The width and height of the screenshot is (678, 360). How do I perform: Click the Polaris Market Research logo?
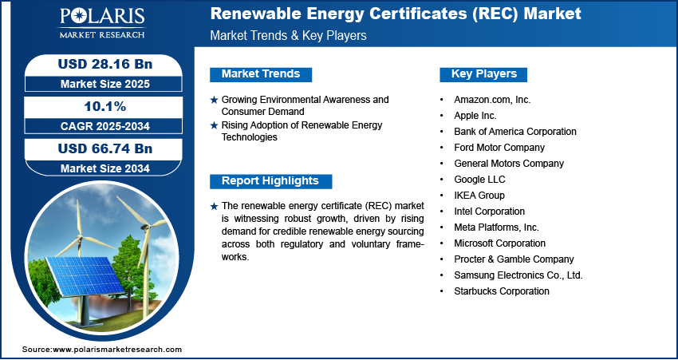(x=102, y=22)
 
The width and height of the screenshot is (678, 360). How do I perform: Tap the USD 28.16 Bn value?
(x=105, y=64)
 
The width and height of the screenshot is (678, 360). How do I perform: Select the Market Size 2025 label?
(x=105, y=84)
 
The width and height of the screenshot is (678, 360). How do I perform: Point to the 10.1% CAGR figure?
(x=105, y=106)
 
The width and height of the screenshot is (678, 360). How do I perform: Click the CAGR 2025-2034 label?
(x=105, y=126)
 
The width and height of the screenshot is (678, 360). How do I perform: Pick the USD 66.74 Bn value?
(x=105, y=148)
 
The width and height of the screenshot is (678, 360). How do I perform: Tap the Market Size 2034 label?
(x=105, y=168)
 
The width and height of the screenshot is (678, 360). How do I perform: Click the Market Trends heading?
(x=261, y=74)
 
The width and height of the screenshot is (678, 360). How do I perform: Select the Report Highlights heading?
(x=270, y=181)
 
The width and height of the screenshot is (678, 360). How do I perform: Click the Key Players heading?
(x=484, y=74)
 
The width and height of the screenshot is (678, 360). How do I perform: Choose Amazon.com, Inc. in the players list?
(x=492, y=100)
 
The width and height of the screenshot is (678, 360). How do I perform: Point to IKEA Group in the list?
(x=479, y=195)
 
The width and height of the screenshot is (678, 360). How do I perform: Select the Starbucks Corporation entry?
(x=502, y=291)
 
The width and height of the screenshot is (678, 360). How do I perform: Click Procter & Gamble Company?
(x=514, y=259)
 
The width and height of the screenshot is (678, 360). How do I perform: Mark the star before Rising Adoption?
(x=214, y=125)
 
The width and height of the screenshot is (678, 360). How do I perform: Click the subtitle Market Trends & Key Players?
(x=288, y=35)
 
